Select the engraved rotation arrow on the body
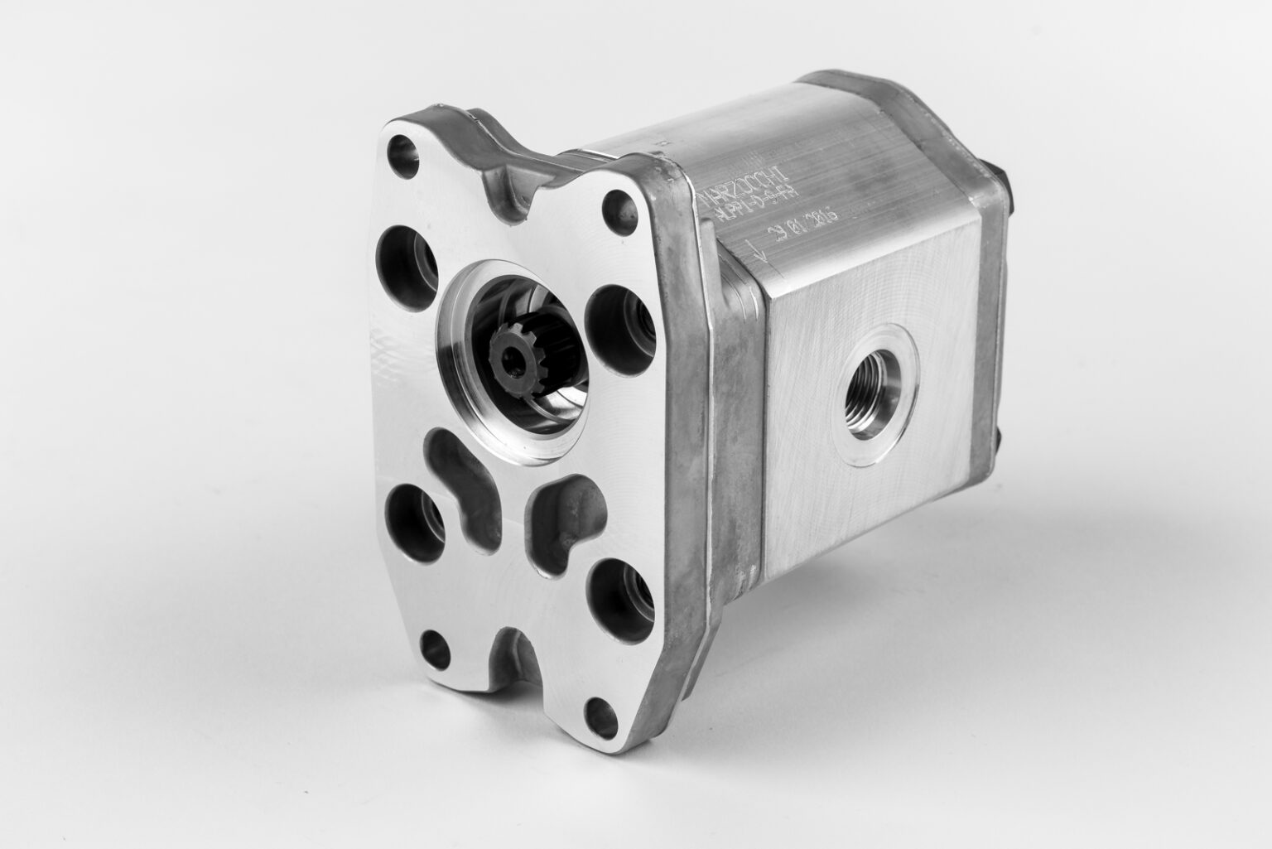(757, 251)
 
